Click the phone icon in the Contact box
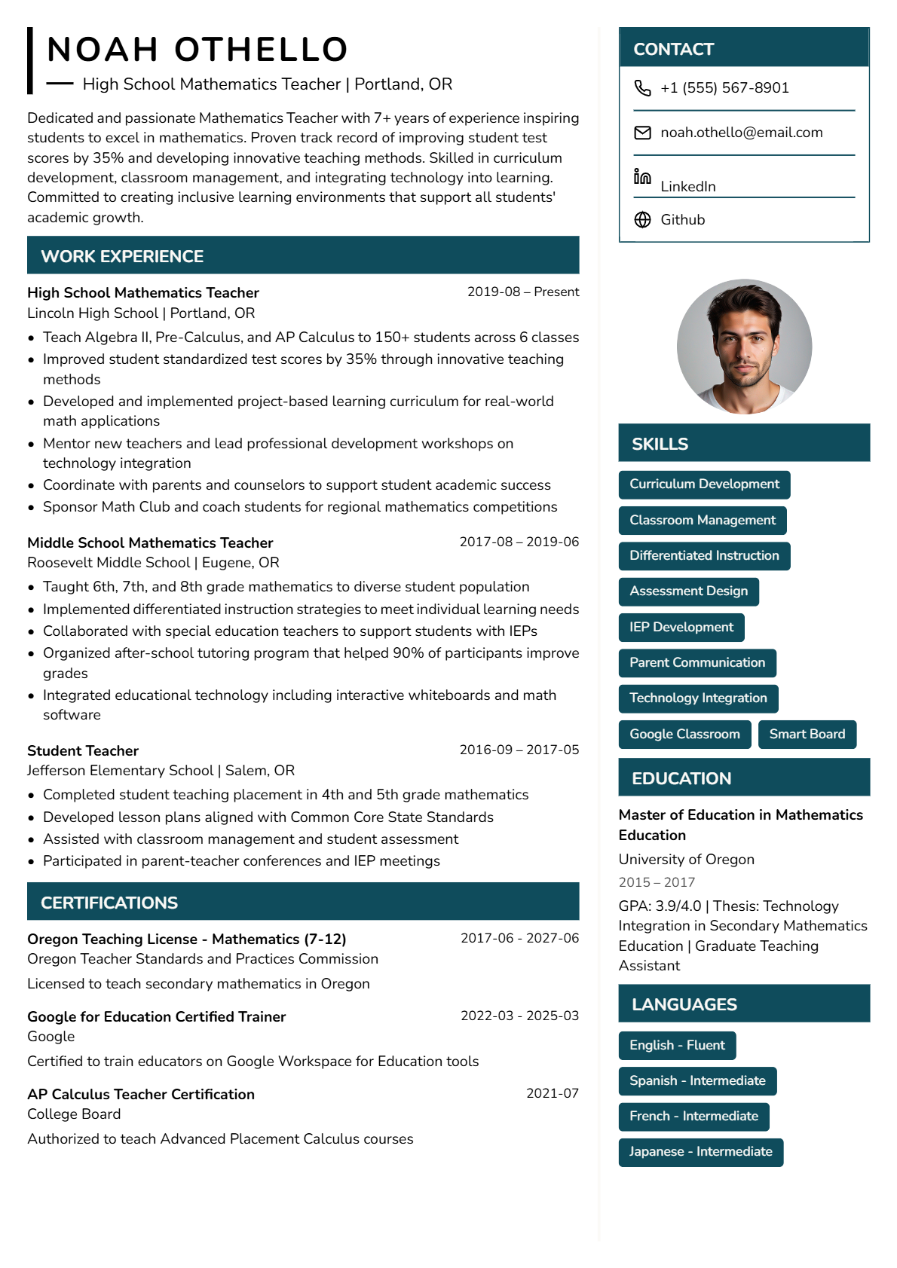click(x=642, y=88)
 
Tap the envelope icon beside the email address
click(x=642, y=133)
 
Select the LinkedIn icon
click(x=642, y=177)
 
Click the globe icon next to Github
click(x=642, y=219)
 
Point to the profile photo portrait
click(x=744, y=347)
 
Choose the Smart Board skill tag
click(x=807, y=735)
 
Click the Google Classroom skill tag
click(x=684, y=735)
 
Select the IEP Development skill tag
click(x=681, y=628)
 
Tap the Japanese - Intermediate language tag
click(x=700, y=1152)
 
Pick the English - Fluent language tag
click(x=677, y=1046)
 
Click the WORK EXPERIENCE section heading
click(x=122, y=256)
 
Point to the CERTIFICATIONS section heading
click(x=109, y=903)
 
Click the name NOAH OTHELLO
click(x=197, y=50)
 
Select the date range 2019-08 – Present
click(x=523, y=292)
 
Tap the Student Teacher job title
click(x=83, y=750)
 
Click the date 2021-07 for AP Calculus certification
click(x=552, y=1093)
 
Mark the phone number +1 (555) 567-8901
click(x=724, y=88)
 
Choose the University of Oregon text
click(x=686, y=860)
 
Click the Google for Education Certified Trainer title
click(x=156, y=1016)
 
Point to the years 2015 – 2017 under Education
click(x=657, y=882)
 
